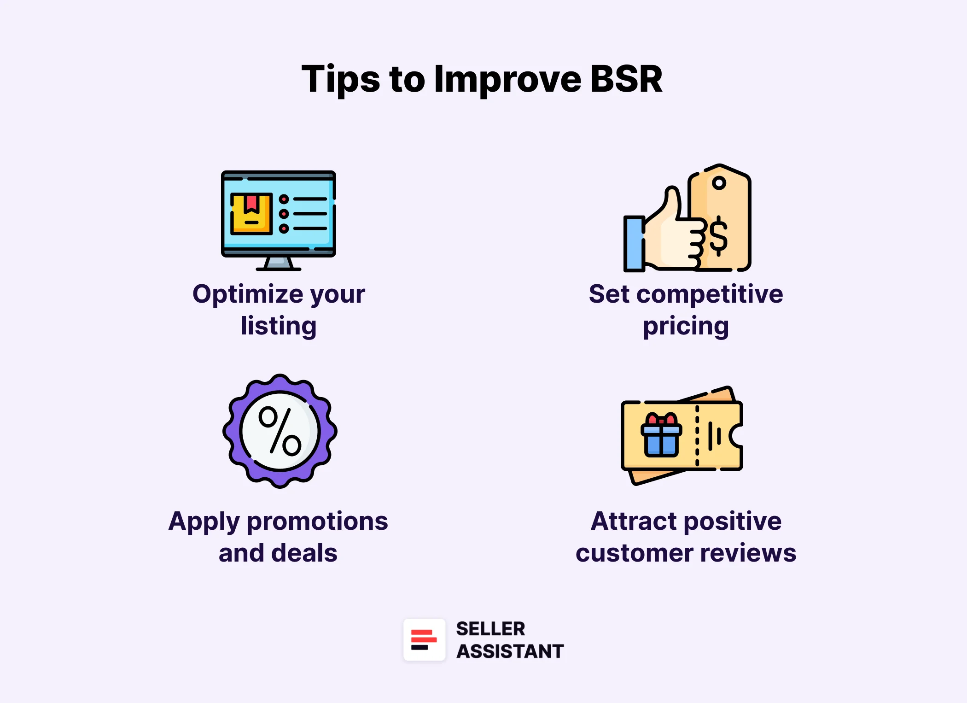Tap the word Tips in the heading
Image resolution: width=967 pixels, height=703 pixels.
340,79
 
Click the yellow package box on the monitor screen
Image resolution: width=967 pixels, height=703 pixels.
251,214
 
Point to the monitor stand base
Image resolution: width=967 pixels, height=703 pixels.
279,266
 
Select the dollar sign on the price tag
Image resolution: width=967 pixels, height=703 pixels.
718,236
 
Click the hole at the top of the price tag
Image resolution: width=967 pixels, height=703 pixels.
719,183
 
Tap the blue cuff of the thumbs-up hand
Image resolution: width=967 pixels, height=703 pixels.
634,244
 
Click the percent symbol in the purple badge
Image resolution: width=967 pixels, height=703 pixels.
280,431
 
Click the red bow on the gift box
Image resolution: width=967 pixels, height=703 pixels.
661,420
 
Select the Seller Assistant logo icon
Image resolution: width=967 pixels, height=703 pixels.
424,640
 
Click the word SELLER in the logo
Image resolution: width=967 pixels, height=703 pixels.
490,629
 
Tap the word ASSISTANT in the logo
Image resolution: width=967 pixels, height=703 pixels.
510,651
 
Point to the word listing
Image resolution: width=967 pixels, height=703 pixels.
279,326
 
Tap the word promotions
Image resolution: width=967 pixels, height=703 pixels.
317,521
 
